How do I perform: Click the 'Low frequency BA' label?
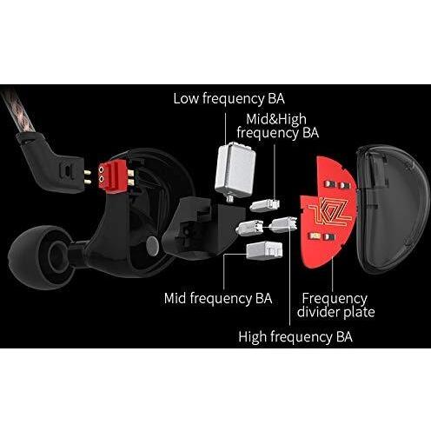pos(229,99)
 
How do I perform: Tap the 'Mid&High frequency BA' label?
pos(278,126)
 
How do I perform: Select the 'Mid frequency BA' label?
pos(218,299)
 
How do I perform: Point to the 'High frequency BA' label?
pos(295,337)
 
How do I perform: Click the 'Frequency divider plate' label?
pos(335,305)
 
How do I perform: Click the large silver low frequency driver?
pos(235,170)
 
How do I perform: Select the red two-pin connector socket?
pos(113,176)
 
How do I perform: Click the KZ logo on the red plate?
pos(330,212)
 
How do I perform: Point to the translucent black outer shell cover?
pos(393,209)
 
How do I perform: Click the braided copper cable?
pos(18,111)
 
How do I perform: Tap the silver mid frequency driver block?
pos(264,250)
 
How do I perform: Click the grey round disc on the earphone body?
pos(153,246)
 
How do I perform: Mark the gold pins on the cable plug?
pos(87,177)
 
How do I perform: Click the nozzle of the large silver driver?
pos(230,199)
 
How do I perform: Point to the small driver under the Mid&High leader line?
pos(264,205)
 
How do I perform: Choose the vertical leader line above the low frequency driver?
pos(226,129)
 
